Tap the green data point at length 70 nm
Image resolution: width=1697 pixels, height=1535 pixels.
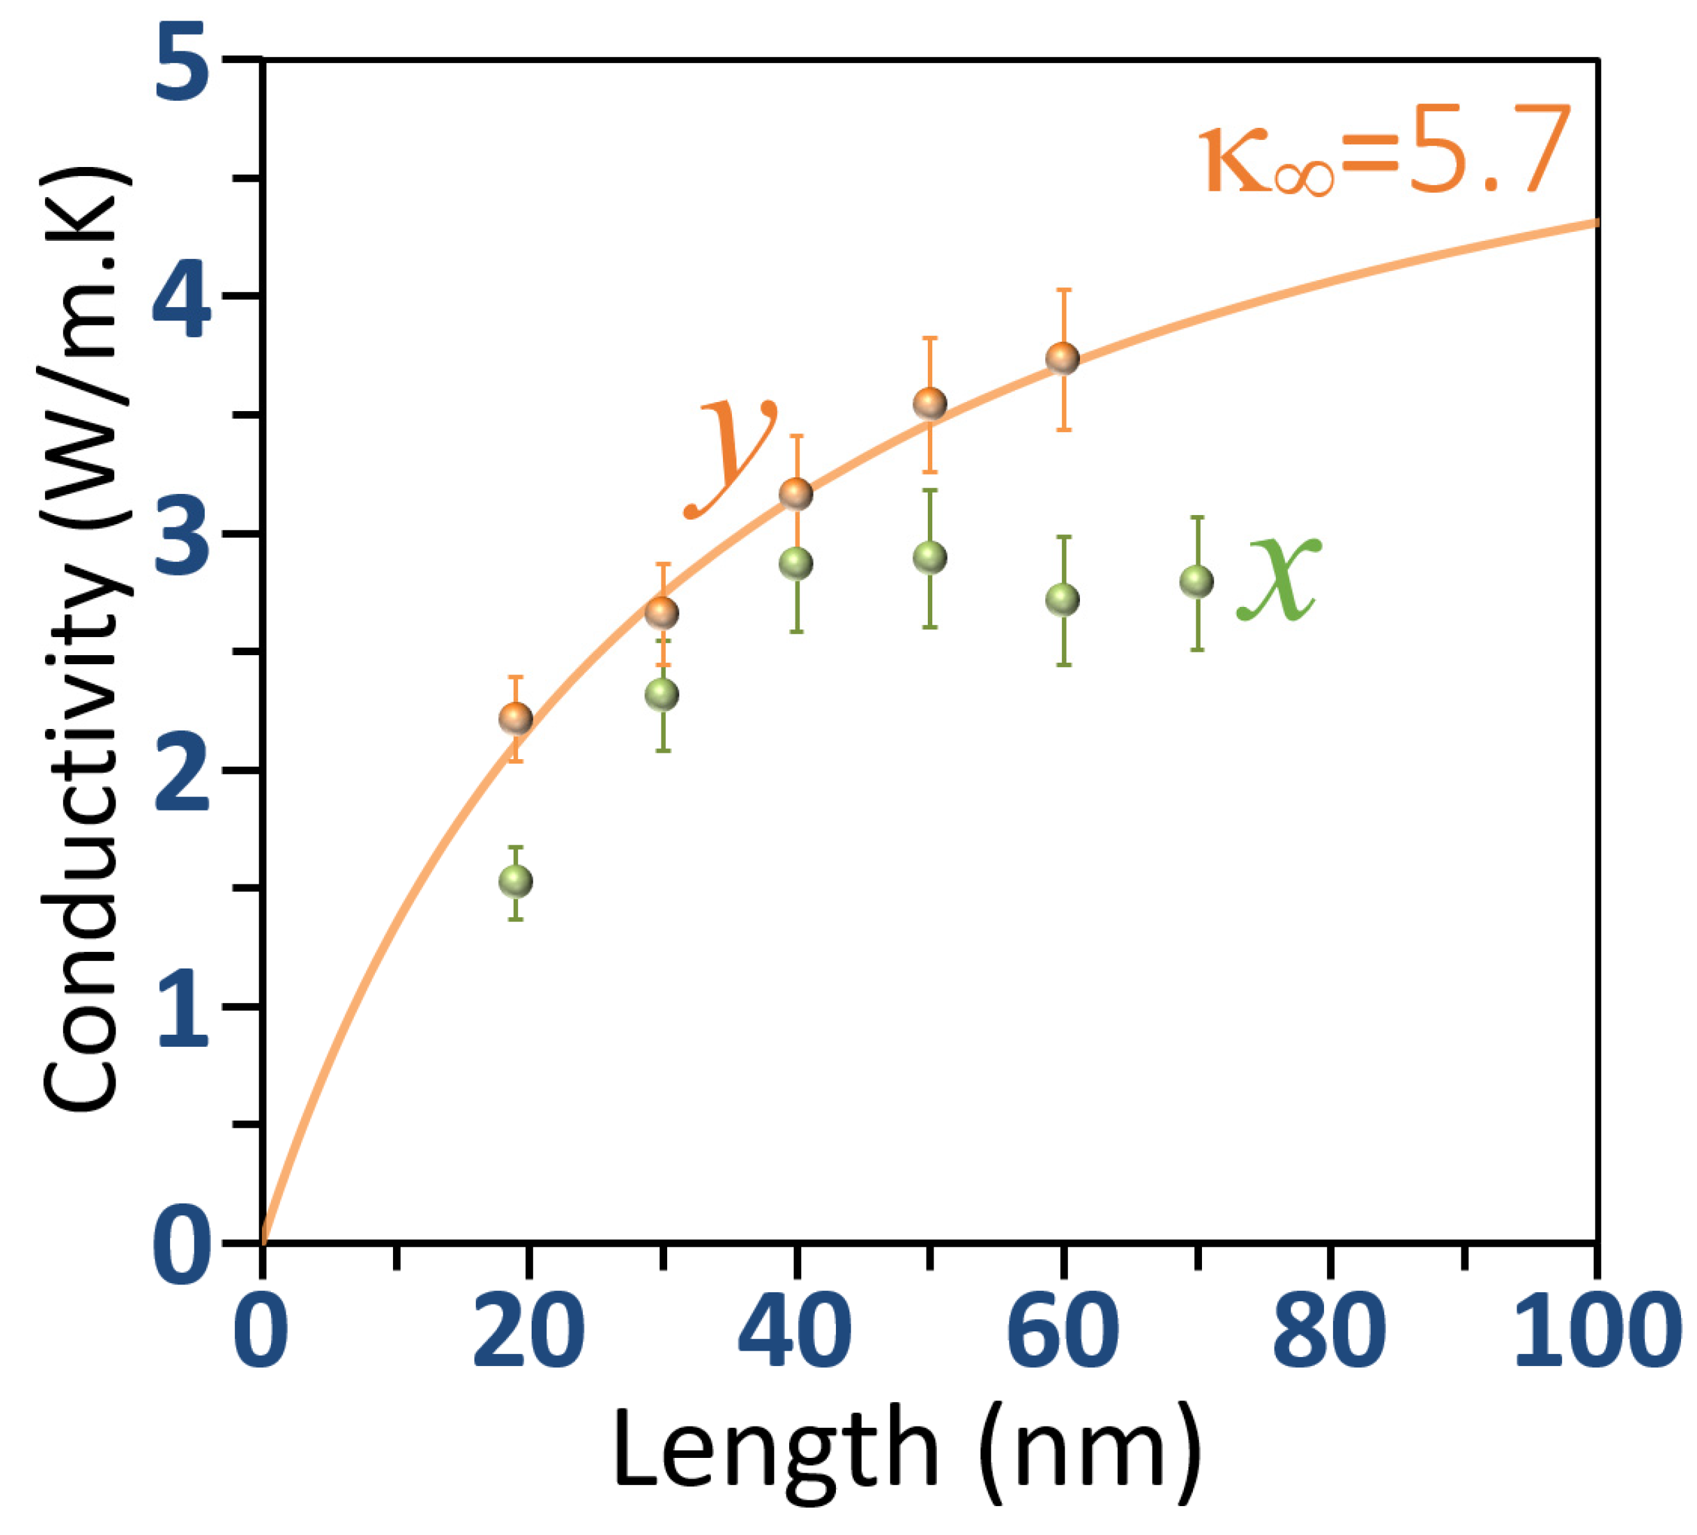tap(1197, 581)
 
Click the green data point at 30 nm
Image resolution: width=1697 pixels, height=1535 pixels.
tap(661, 695)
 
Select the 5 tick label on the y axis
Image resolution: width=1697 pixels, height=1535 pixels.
tap(181, 63)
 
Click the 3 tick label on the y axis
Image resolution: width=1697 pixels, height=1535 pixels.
tap(181, 536)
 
